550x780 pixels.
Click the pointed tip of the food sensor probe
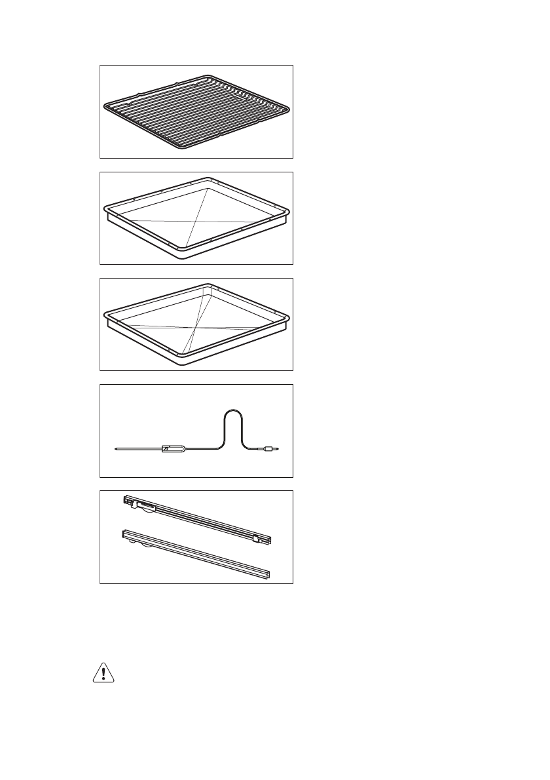pyautogui.click(x=114, y=449)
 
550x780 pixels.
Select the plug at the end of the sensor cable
pyautogui.click(x=270, y=449)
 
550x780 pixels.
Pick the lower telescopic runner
pyautogui.click(x=196, y=555)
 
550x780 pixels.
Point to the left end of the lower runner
pyautogui.click(x=124, y=535)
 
